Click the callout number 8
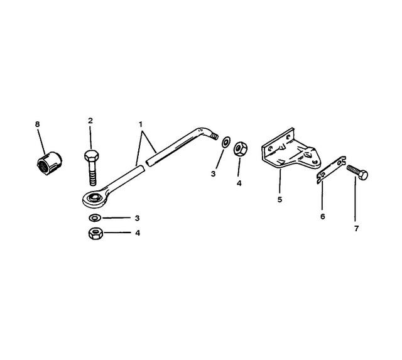38,124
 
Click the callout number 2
90,121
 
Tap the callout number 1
141,124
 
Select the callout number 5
280,199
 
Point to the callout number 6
322,216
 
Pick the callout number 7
356,228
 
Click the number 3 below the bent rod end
214,174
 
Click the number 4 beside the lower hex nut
138,233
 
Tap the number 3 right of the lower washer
137,218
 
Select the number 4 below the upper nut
239,183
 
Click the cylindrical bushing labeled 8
49,163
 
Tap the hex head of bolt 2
92,155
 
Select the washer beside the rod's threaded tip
226,142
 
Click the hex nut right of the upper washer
241,149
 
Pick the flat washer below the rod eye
95,218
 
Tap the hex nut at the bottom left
95,233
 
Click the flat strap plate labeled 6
331,170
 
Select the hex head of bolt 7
363,175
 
